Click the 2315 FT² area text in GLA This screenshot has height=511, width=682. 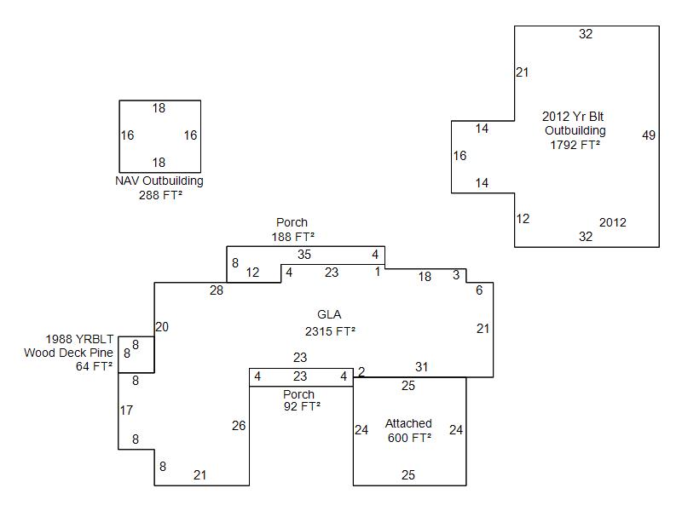[x=330, y=331]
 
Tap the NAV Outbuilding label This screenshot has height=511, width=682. [x=159, y=181]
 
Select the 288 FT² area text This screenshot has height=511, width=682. [x=159, y=195]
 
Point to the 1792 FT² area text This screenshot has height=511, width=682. [x=575, y=145]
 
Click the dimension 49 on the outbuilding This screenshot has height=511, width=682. [x=649, y=135]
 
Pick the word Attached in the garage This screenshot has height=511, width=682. [x=408, y=423]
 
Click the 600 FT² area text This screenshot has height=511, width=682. [x=408, y=437]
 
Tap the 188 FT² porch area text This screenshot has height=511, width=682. [x=292, y=236]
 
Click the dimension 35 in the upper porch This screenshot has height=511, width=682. [x=304, y=255]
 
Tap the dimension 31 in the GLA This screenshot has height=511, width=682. [x=421, y=367]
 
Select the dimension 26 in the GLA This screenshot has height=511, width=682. [x=239, y=426]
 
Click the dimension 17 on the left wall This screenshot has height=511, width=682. [x=126, y=411]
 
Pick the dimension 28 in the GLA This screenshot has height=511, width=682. [x=217, y=291]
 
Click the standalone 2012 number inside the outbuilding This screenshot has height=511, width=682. [x=612, y=223]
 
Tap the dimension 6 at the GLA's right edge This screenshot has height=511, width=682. [x=479, y=290]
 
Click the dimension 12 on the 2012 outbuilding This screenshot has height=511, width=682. [x=523, y=219]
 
